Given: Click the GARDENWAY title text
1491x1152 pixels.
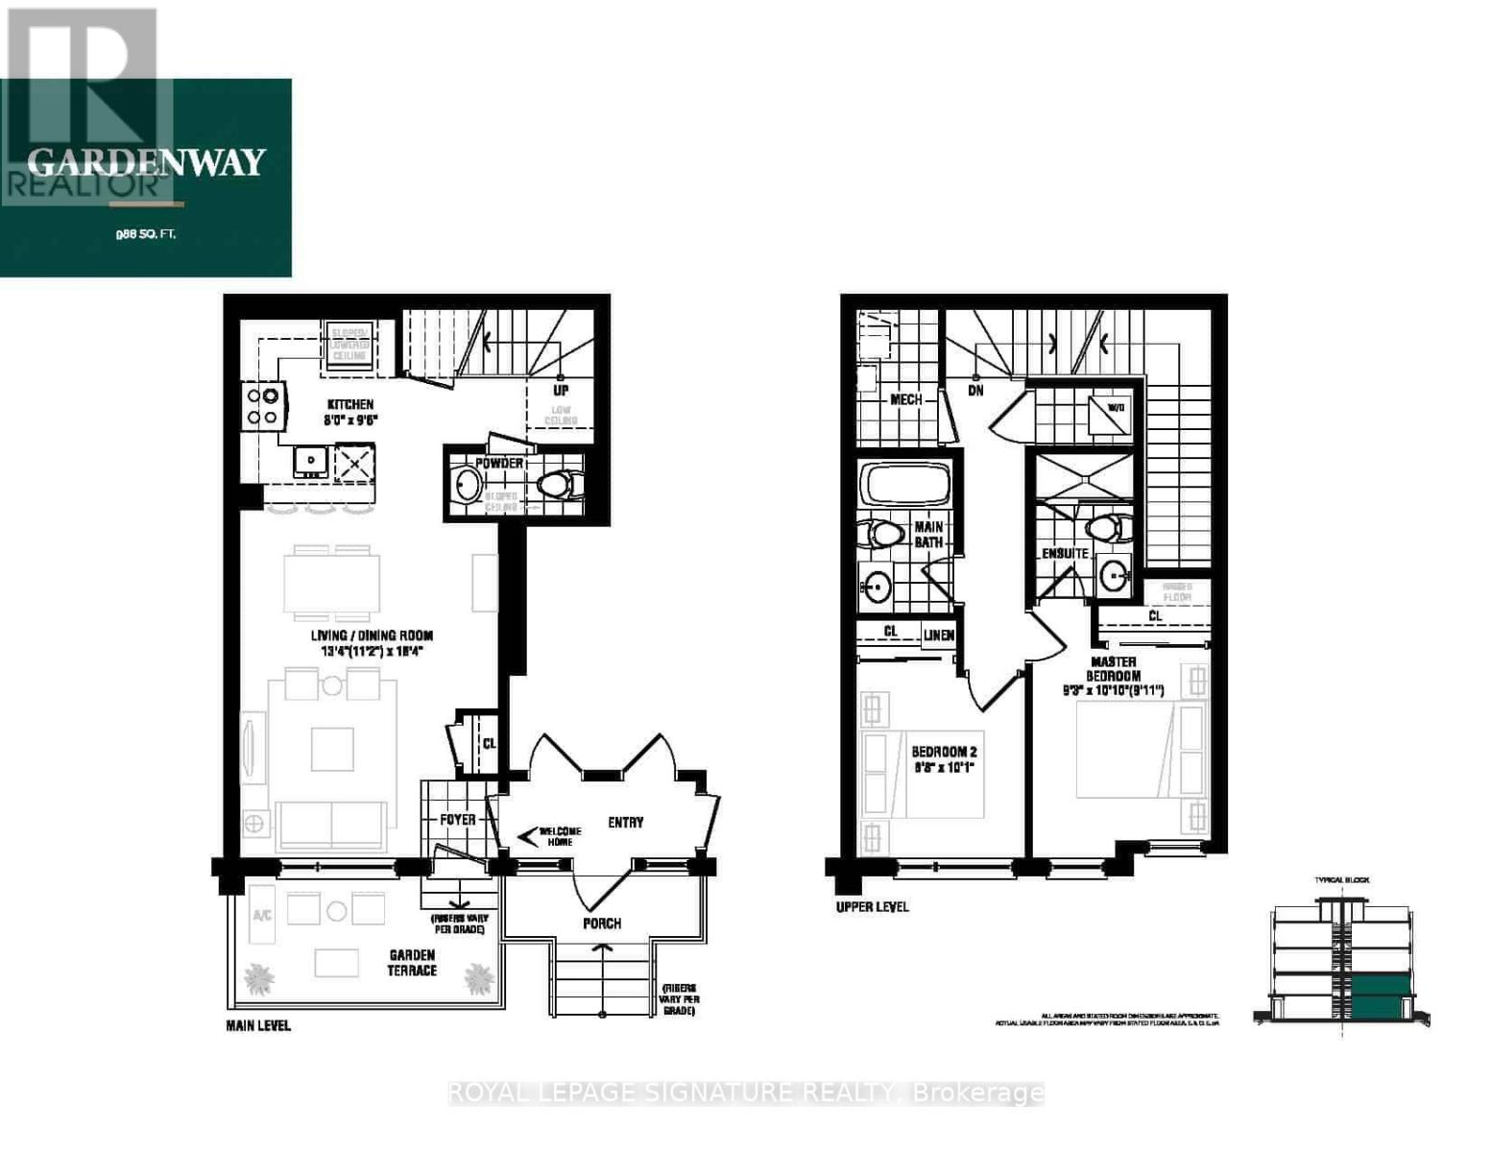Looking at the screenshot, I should click(x=146, y=162).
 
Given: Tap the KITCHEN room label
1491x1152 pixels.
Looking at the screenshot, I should click(x=349, y=405).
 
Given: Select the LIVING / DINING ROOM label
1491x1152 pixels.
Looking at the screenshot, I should click(x=372, y=636).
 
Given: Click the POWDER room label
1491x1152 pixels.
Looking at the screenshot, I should click(x=499, y=464).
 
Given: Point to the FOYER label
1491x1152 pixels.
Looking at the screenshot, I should click(x=458, y=820).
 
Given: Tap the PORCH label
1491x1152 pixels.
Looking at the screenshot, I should click(x=602, y=924).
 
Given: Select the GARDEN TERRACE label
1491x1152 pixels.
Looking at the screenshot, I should click(x=412, y=962).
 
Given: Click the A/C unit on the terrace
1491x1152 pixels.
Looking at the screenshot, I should click(x=262, y=915).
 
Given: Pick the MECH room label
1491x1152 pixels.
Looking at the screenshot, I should click(x=905, y=399).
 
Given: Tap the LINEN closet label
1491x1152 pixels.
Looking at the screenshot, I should click(x=938, y=636).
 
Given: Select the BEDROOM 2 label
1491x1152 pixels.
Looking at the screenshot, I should click(x=944, y=752).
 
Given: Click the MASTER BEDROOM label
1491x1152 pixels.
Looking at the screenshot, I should click(x=1114, y=669).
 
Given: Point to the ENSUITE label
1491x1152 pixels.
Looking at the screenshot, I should click(x=1065, y=554).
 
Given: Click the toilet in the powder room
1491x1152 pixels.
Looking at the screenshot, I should click(x=560, y=485).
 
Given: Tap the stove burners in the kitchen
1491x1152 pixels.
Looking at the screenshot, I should click(x=263, y=405).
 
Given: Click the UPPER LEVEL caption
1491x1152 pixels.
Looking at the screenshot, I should click(x=872, y=906).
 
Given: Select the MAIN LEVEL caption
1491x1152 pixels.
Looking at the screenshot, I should click(x=258, y=1025).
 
